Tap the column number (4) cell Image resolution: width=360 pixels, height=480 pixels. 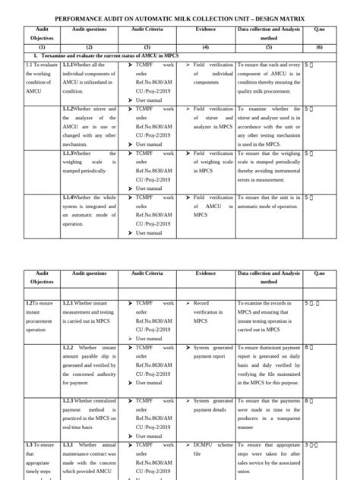coord(205,46)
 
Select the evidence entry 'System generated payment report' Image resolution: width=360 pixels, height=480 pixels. coord(212,351)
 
